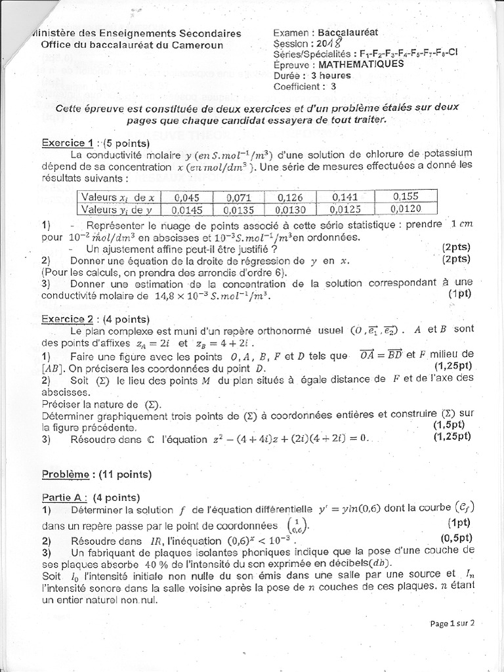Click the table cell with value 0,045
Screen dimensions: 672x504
[x=188, y=198]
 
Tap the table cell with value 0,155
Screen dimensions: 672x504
[x=406, y=196]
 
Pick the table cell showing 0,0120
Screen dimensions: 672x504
[x=406, y=208]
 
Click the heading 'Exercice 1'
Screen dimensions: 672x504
[x=67, y=142]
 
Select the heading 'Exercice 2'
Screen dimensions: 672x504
[x=67, y=320]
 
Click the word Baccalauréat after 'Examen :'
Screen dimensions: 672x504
[x=353, y=32]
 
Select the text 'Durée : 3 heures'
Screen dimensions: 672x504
[x=312, y=75]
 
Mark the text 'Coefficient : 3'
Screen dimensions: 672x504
[x=304, y=85]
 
